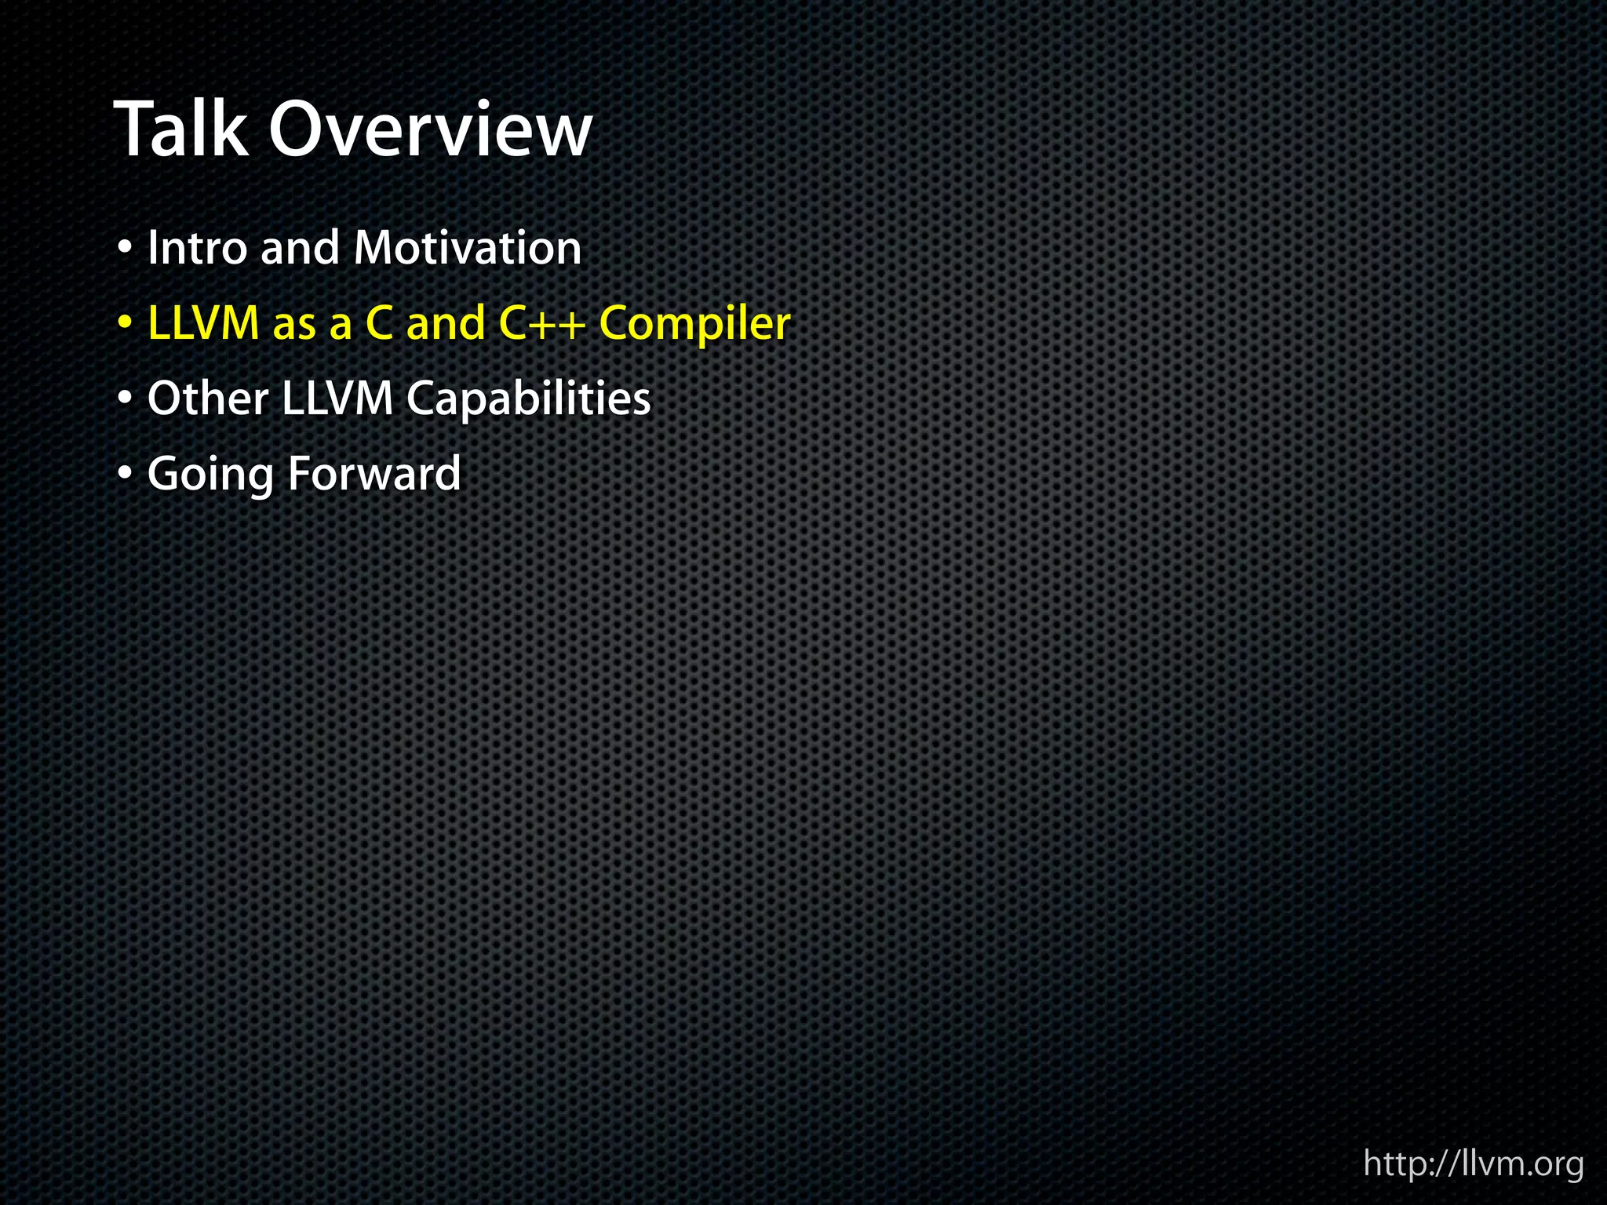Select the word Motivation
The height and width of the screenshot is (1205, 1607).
point(468,248)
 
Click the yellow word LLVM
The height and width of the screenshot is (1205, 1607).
point(203,323)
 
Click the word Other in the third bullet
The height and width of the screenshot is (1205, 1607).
point(208,399)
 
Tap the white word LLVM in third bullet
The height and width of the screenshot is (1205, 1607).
point(337,399)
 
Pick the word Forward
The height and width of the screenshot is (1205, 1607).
point(374,474)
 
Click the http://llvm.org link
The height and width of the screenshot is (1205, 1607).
point(1473,1163)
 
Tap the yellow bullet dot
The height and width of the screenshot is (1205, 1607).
point(124,324)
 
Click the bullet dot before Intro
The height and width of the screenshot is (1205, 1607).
point(124,249)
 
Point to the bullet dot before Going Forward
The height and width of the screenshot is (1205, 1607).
point(124,475)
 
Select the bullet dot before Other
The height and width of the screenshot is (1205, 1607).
point(124,399)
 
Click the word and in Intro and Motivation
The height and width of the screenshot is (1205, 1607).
point(300,248)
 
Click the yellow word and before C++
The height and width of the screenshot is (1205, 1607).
point(446,323)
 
